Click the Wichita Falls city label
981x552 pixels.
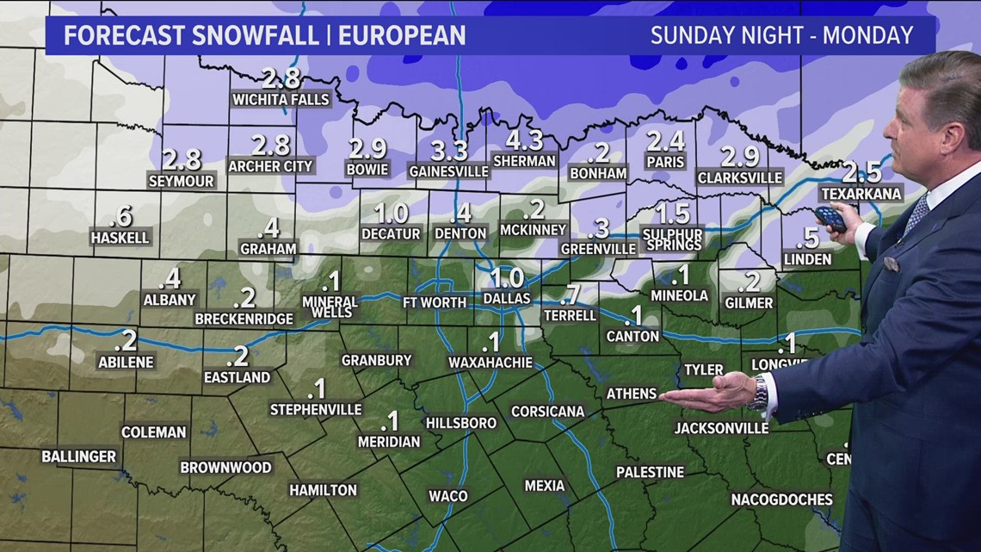click(x=281, y=99)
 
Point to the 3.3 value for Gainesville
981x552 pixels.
click(x=448, y=151)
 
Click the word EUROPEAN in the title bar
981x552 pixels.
click(x=403, y=35)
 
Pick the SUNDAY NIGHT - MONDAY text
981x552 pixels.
click(x=780, y=35)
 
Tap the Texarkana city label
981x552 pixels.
click(x=861, y=194)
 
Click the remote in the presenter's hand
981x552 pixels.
click(x=830, y=218)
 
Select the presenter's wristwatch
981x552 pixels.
click(x=758, y=393)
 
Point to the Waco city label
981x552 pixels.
click(x=448, y=495)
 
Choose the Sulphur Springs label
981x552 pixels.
click(x=673, y=239)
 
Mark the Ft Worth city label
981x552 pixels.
click(x=435, y=302)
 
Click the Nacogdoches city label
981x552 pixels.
click(x=781, y=499)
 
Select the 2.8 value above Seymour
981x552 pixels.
click(x=182, y=160)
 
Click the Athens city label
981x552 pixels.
click(x=632, y=393)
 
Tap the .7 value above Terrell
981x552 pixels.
click(x=570, y=295)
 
